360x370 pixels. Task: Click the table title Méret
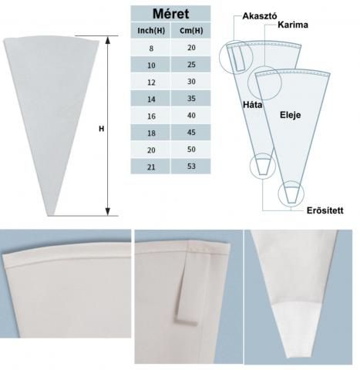click(x=170, y=14)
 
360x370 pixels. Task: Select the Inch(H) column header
click(x=151, y=31)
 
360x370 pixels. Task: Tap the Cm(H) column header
click(x=191, y=31)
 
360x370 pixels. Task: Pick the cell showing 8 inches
click(x=151, y=49)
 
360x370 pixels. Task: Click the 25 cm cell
click(x=191, y=65)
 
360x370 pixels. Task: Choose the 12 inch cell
click(x=151, y=82)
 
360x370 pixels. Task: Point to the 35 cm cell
click(x=191, y=99)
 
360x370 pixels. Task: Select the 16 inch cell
click(x=151, y=116)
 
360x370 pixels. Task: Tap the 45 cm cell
click(x=191, y=133)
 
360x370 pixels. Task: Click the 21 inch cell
click(x=151, y=167)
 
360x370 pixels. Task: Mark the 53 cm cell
click(x=191, y=166)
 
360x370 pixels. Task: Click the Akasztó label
click(x=260, y=16)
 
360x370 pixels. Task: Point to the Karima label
click(x=293, y=25)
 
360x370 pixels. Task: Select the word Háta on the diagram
click(x=253, y=105)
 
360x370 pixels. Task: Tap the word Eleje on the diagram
click(x=290, y=115)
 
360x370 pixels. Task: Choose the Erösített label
click(x=325, y=210)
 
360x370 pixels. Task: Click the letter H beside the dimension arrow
click(x=102, y=129)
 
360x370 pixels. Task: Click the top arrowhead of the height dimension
click(x=108, y=40)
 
